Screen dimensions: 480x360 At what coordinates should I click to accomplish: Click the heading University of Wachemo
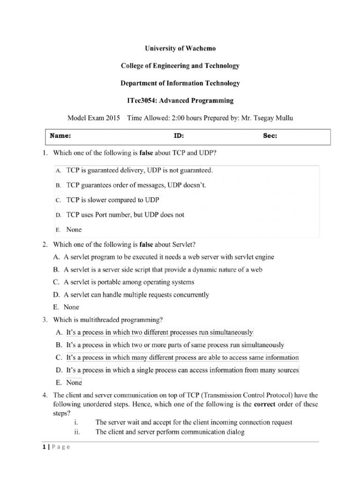pos(180,48)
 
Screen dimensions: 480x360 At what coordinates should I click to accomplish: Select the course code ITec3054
pos(142,100)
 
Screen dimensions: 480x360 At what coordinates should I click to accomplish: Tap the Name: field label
pos(60,136)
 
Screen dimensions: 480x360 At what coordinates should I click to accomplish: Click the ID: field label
pos(179,136)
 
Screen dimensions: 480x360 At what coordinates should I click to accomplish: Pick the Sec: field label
pos(270,136)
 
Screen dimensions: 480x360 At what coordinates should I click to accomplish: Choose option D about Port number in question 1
pos(125,214)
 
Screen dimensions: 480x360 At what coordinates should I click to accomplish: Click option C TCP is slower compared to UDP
pos(112,199)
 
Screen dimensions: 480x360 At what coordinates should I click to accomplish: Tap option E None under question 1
pos(74,229)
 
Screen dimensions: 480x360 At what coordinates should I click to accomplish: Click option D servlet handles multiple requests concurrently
pos(136,294)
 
